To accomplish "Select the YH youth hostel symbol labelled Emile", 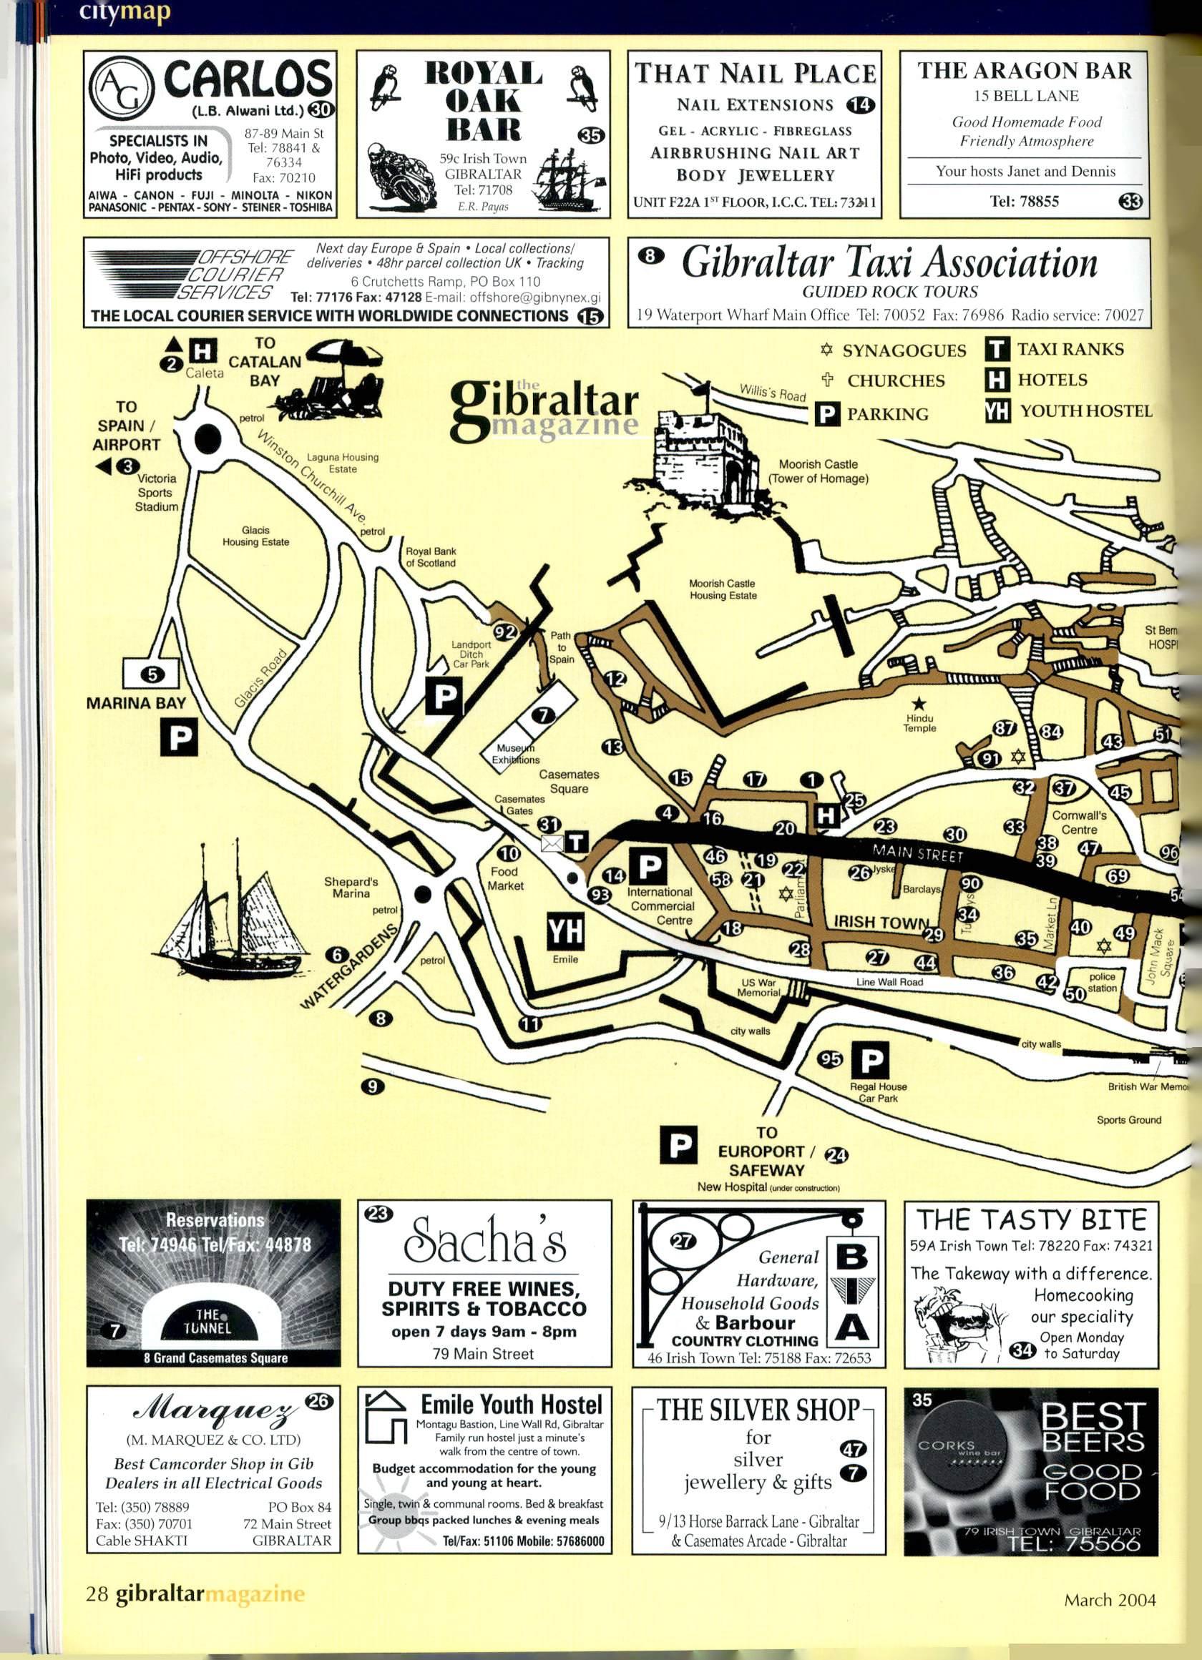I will coord(566,930).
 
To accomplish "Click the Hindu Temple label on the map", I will coord(919,723).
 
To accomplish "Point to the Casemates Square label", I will coord(569,781).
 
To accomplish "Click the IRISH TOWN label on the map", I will coord(881,921).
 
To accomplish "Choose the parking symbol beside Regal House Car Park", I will coord(871,1060).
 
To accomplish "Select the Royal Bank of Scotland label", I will coord(431,557).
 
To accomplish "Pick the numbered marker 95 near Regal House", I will coord(831,1059).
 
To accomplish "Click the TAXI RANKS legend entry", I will coord(1070,349).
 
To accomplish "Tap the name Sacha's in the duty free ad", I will coord(484,1258).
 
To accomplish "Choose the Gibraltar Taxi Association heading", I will coord(889,262).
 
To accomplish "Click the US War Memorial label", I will coord(758,988).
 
